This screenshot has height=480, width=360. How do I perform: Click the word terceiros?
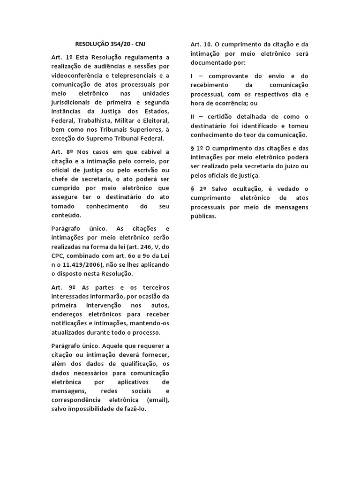(x=155, y=287)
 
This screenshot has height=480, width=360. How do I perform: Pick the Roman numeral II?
(x=193, y=116)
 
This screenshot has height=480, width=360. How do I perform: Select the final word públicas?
(x=203, y=217)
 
